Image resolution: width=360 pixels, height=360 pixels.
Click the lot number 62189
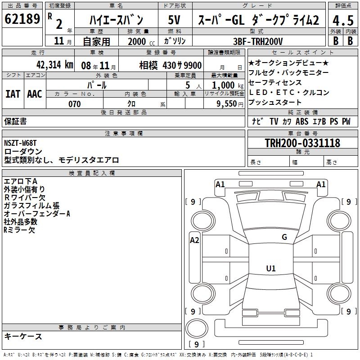point(22,19)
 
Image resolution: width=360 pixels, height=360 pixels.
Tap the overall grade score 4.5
point(343,20)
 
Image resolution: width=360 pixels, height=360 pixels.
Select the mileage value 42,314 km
point(55,65)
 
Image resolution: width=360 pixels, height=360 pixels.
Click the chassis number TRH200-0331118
point(302,143)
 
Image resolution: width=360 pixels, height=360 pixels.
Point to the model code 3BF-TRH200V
point(258,41)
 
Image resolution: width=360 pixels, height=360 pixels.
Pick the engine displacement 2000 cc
point(141,41)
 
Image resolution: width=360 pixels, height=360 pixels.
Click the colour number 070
point(75,104)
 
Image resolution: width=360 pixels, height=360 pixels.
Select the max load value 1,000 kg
point(228,85)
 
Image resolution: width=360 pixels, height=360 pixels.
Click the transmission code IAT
point(13,94)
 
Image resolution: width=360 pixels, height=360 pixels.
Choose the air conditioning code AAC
point(35,94)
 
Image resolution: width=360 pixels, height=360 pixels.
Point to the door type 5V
point(174,20)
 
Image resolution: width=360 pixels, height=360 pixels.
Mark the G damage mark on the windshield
point(284,237)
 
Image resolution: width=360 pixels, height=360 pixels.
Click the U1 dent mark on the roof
point(271,268)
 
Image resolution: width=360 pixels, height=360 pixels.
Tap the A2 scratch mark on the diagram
point(194,240)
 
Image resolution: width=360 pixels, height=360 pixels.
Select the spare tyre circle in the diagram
point(197,328)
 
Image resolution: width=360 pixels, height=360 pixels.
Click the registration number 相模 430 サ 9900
point(171,65)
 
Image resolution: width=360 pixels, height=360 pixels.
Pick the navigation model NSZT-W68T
point(20,143)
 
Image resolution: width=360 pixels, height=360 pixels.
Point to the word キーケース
point(23,337)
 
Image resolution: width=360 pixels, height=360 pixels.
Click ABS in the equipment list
point(302,121)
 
